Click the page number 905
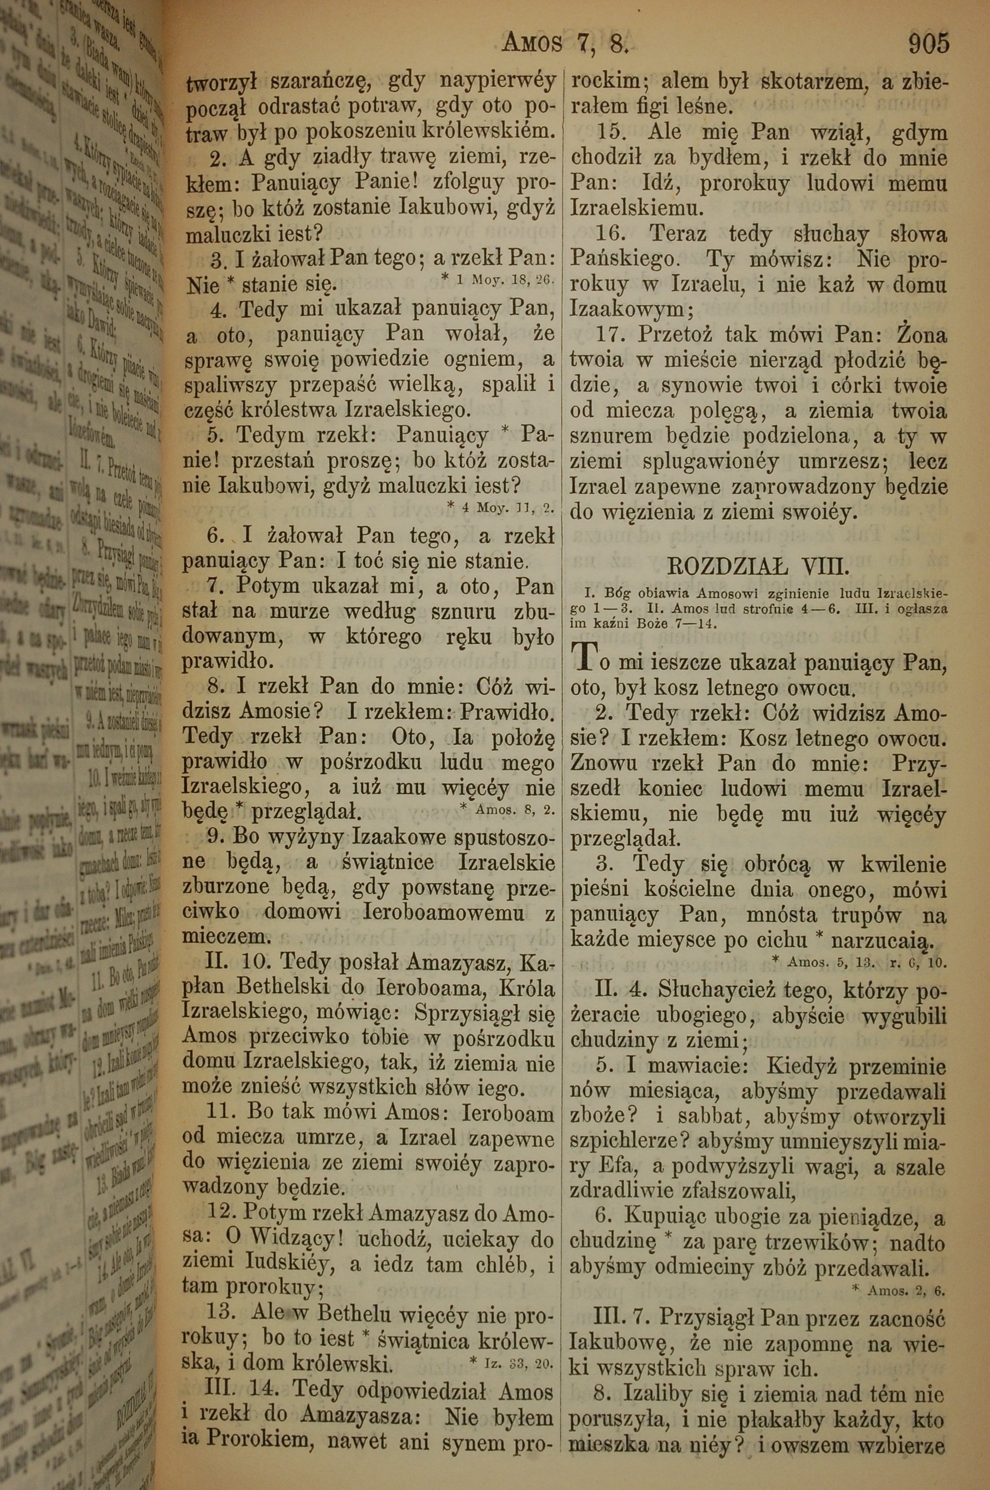(928, 44)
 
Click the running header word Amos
(532, 44)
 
